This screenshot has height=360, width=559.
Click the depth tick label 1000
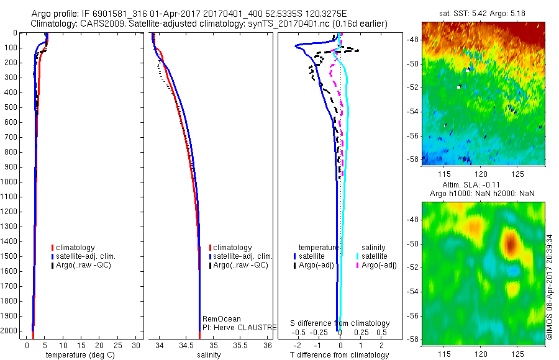[11, 182]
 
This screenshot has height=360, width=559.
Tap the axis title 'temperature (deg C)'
[78, 355]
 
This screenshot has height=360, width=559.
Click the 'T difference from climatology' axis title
[339, 355]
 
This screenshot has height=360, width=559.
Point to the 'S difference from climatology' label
[340, 323]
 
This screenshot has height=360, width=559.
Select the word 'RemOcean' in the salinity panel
[221, 319]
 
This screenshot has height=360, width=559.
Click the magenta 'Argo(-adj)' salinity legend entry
[379, 265]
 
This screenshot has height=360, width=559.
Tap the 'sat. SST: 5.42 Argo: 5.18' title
[483, 13]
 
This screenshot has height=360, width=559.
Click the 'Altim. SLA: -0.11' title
[483, 186]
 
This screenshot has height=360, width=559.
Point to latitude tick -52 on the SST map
[414, 88]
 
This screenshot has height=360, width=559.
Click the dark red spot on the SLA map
[511, 243]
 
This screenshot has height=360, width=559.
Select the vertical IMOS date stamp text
[550, 287]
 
